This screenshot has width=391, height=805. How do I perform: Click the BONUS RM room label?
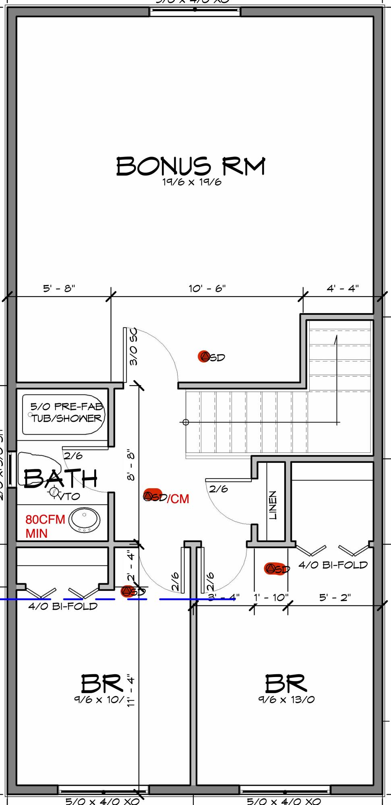click(x=191, y=166)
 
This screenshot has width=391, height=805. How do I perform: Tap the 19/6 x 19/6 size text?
click(x=192, y=182)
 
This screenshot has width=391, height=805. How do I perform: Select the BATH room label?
click(x=60, y=479)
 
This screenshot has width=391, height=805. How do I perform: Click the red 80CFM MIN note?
click(x=45, y=526)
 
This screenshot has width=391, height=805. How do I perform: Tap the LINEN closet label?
click(x=273, y=505)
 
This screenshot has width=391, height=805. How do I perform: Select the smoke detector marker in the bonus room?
click(x=205, y=356)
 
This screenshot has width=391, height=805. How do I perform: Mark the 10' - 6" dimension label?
click(x=207, y=289)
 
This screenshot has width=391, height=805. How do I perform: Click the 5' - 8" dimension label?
click(x=59, y=289)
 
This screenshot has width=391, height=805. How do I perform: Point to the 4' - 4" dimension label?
click(x=343, y=289)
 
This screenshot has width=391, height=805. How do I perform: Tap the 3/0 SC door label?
click(x=134, y=347)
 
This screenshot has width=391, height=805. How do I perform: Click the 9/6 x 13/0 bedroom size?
click(x=286, y=700)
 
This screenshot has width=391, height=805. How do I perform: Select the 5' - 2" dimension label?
click(x=335, y=597)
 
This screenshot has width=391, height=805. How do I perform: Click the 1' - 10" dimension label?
click(x=271, y=597)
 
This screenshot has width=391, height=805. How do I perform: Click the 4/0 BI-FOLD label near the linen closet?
click(x=333, y=565)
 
